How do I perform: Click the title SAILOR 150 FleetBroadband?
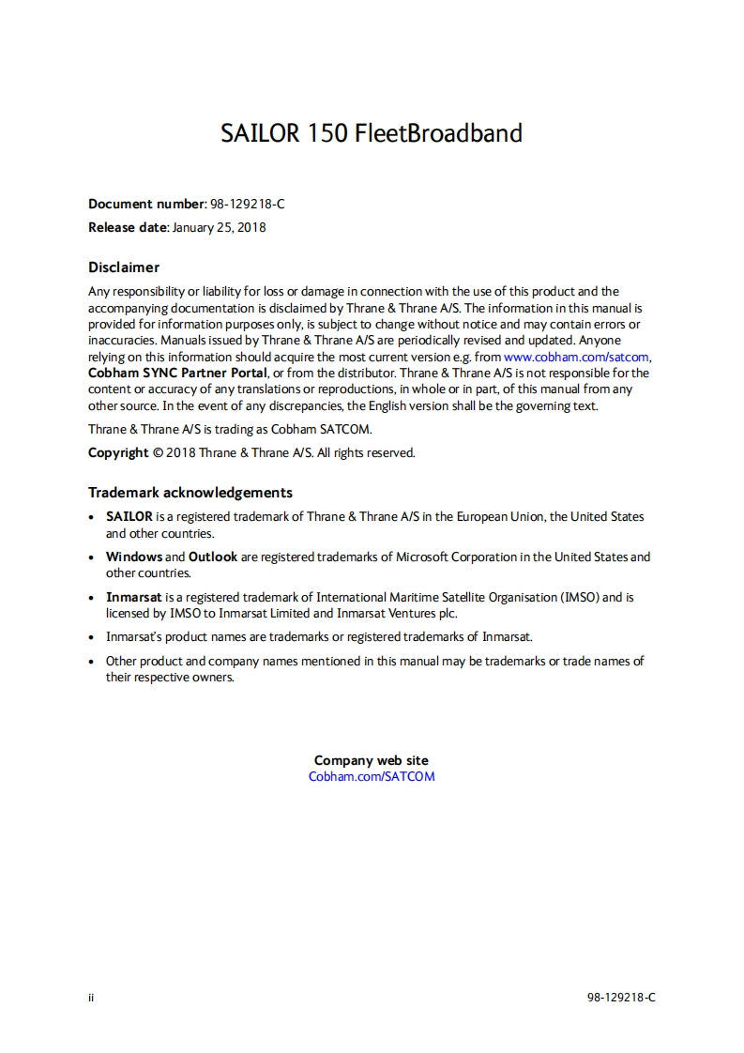tap(372, 133)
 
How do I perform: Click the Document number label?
tap(146, 204)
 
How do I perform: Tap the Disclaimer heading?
tap(124, 267)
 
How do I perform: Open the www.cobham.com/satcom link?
tap(576, 357)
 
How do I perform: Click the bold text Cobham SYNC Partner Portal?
tap(177, 373)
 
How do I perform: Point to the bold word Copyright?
tap(118, 452)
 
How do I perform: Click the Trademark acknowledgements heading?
tap(190, 493)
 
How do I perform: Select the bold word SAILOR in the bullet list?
tap(129, 517)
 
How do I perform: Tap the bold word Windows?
tap(134, 557)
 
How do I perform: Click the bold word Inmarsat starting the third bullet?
tap(134, 597)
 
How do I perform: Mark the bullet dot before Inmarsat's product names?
tap(90, 637)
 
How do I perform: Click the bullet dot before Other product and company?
tap(90, 662)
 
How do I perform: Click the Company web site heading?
tap(372, 760)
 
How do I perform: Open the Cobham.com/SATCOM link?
tap(372, 776)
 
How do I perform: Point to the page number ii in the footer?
tap(91, 998)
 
